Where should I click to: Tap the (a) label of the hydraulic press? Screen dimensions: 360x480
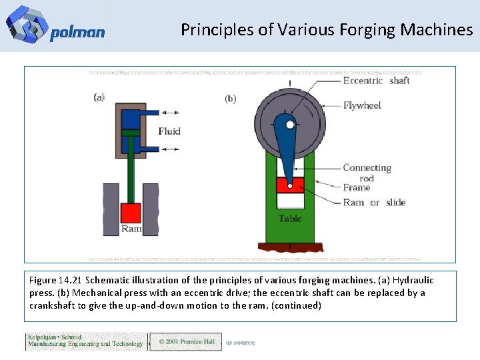[99, 97]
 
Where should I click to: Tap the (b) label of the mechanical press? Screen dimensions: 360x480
[231, 99]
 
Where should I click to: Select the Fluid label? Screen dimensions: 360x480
[169, 131]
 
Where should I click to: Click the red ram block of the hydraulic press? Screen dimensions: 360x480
[131, 213]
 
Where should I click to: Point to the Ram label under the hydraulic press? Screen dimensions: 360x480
[131, 229]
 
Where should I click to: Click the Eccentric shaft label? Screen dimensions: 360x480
[376, 81]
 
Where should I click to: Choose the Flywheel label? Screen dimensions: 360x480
[362, 105]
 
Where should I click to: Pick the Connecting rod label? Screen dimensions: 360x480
[367, 173]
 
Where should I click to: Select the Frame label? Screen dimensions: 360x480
[357, 188]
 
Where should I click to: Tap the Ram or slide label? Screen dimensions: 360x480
[374, 203]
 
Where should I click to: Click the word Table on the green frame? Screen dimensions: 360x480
[290, 219]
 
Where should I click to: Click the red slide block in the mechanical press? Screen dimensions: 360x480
[290, 185]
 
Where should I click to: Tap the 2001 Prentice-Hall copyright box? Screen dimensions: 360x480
[185, 341]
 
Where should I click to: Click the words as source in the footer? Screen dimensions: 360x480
[240, 343]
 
